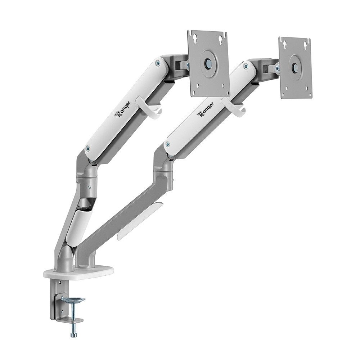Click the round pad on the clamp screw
pos(73,300)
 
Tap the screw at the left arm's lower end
pos(87,148)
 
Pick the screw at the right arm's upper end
pos(245,66)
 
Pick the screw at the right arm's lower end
pos(166,145)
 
